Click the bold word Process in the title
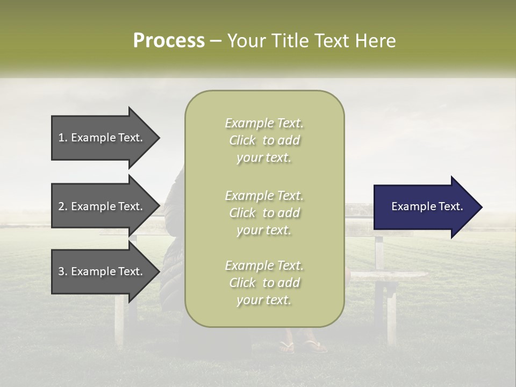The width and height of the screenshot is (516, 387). [169, 41]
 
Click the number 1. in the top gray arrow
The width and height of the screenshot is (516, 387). [63, 138]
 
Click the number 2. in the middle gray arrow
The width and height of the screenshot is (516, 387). [63, 206]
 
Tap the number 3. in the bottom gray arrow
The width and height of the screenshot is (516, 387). [63, 271]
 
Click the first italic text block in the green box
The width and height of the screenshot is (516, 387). [264, 140]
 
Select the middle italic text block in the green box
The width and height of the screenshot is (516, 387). [264, 213]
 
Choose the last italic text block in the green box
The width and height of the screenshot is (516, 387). [264, 283]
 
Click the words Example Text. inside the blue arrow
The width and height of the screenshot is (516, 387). [427, 206]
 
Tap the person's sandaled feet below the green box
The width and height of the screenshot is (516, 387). [304, 345]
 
